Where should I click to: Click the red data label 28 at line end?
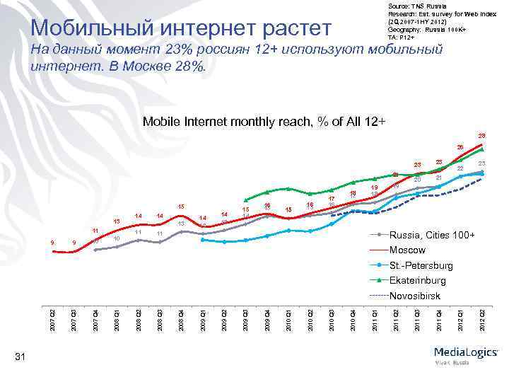[481, 135]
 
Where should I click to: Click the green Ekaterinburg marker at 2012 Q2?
[481, 149]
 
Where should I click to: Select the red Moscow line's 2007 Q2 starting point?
[54, 251]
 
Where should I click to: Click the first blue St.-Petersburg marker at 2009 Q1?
[204, 240]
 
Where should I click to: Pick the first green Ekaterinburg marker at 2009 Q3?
[246, 199]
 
